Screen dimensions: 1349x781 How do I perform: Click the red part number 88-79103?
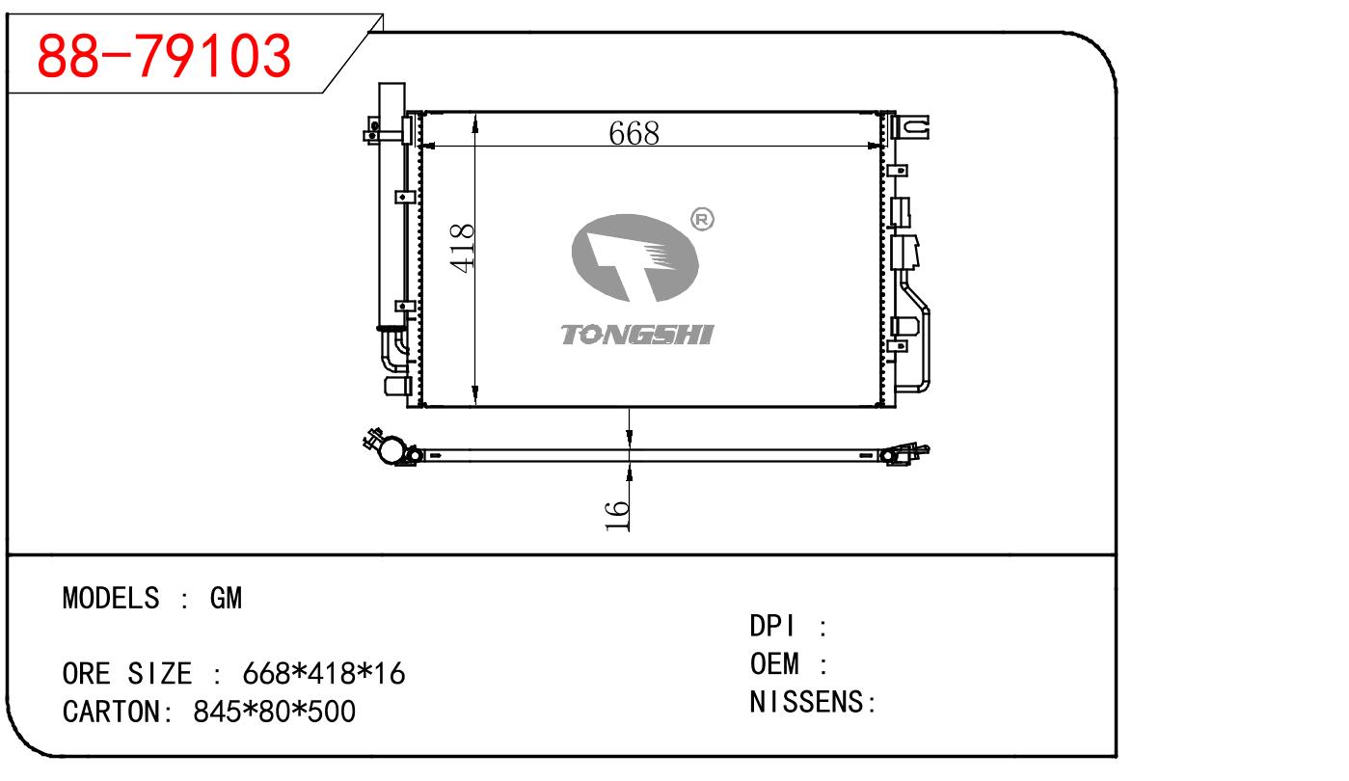[164, 56]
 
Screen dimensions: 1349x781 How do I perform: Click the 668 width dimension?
[634, 133]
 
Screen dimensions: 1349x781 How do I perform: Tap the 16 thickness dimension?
[617, 515]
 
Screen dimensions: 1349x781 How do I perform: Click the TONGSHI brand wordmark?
[637, 335]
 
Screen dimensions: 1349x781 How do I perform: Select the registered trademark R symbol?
[702, 219]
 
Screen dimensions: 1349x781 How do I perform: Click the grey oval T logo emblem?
[634, 257]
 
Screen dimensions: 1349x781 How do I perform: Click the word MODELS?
[111, 598]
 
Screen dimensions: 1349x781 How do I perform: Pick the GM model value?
[226, 598]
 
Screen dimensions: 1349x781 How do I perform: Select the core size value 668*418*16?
[324, 673]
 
